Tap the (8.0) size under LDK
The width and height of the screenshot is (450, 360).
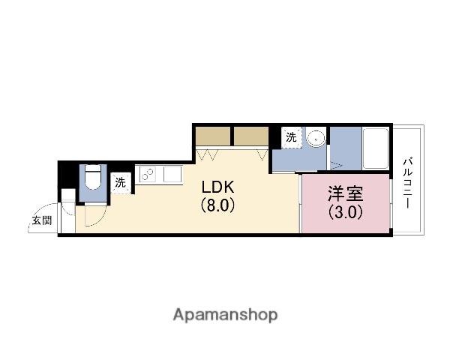(217, 205)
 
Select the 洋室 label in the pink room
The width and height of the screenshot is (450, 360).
(345, 193)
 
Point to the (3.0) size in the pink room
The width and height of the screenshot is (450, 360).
(345, 211)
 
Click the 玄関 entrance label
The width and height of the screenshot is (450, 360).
(41, 220)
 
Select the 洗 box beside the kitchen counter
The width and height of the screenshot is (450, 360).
(120, 182)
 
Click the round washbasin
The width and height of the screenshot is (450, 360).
(316, 137)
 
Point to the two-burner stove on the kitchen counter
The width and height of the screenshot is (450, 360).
(147, 175)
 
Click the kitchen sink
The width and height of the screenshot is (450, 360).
(172, 174)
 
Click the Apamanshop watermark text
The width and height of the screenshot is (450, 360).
(224, 314)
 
